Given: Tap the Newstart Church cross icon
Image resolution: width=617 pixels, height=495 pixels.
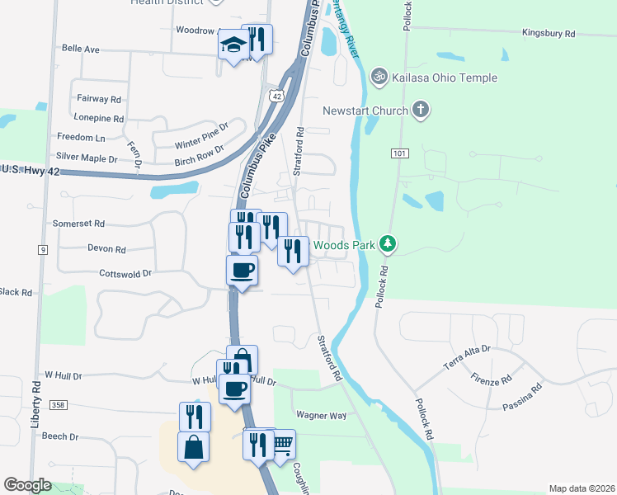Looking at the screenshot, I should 421,110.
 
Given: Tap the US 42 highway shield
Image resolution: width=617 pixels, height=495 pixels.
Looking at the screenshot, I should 276,97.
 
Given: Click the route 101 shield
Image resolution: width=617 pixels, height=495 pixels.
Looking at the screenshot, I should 401,153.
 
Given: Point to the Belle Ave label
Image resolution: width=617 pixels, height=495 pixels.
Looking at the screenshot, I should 80,49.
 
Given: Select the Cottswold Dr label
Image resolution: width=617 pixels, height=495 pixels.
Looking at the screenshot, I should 125,272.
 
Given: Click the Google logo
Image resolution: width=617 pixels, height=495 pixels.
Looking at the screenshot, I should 27,485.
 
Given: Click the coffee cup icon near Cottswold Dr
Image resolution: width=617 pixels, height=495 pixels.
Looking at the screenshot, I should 242,269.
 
